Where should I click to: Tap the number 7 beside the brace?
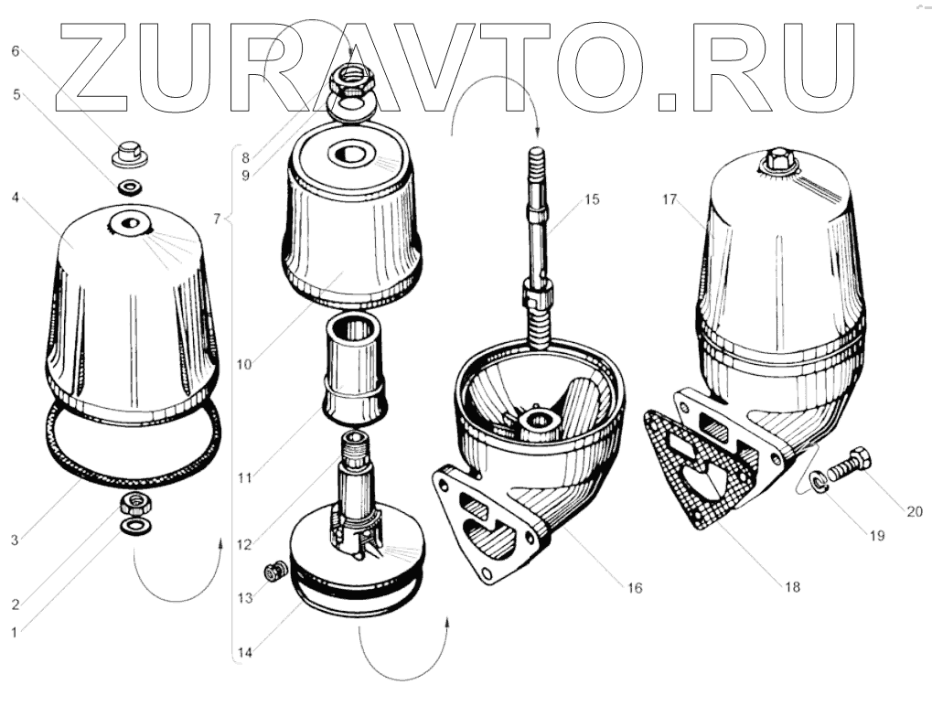click(216, 219)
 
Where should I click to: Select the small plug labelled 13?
click(271, 573)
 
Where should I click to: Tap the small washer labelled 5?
click(130, 188)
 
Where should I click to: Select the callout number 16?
click(634, 588)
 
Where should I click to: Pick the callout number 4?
click(16, 197)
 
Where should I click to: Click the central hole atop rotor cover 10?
click(349, 154)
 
